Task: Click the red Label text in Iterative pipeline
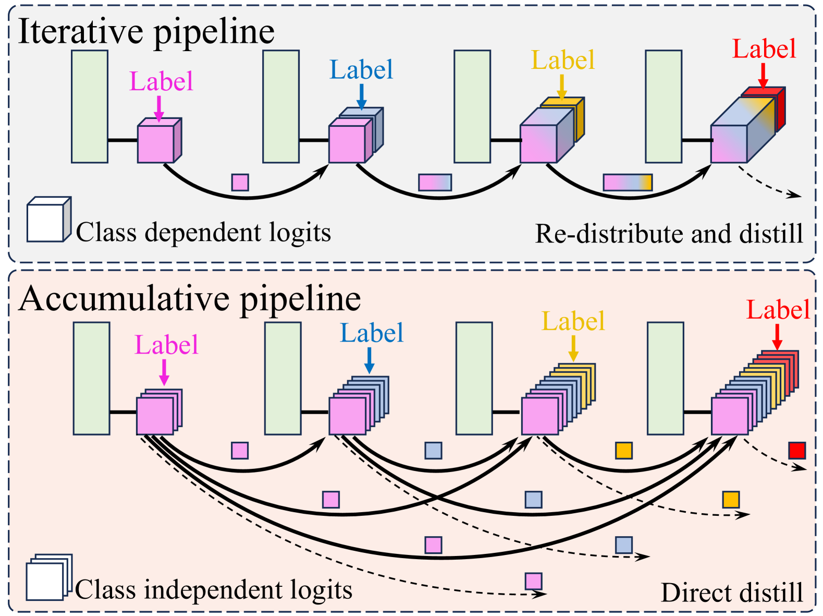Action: (764, 49)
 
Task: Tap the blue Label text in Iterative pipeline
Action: (361, 70)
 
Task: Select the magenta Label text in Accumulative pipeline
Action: (166, 345)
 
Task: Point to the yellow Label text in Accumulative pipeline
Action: (573, 321)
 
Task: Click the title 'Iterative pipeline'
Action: (146, 32)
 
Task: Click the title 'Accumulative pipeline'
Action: (190, 299)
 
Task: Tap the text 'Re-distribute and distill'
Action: (669, 234)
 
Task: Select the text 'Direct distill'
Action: (732, 593)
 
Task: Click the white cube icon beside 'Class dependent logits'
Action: (48, 220)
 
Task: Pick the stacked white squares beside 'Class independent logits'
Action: (48, 577)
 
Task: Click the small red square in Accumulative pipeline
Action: (797, 450)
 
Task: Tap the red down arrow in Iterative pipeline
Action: (763, 76)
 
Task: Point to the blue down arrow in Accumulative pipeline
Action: (369, 360)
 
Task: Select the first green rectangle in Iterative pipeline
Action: (90, 106)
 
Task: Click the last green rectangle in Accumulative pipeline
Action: (665, 378)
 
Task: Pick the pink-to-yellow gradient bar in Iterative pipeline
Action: (628, 182)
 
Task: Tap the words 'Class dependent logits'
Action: (203, 232)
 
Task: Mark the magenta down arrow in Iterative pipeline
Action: (159, 108)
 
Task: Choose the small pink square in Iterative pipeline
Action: (240, 182)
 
